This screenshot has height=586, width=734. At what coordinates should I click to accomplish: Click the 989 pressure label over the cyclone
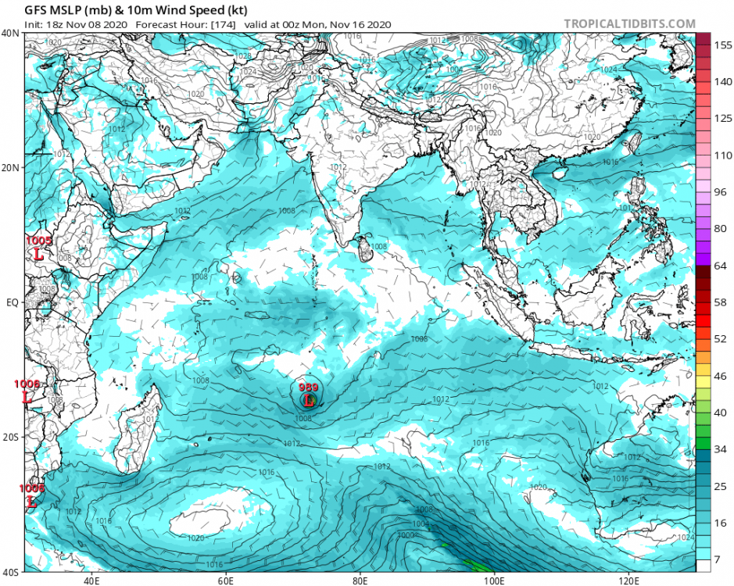308,386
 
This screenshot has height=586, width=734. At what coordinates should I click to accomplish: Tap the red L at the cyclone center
309,400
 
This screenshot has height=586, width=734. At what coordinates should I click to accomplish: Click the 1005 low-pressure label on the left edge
38,241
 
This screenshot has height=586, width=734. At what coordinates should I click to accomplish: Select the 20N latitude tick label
11,168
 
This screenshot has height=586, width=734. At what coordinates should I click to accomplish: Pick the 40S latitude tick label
11,572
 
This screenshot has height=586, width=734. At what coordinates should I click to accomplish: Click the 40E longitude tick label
91,581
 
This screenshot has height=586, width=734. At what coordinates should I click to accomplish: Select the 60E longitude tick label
226,581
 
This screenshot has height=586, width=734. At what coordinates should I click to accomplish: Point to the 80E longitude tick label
360,581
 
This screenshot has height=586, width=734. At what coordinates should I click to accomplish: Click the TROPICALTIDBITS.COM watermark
629,24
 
